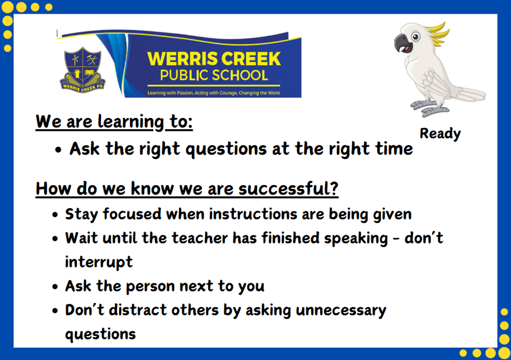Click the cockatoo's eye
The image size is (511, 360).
click(x=416, y=37)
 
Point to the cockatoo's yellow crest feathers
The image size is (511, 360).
click(x=437, y=34)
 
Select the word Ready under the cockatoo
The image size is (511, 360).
click(x=440, y=134)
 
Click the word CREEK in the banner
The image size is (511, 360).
click(x=251, y=59)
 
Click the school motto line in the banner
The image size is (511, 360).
click(x=213, y=93)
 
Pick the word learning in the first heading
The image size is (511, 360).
click(x=131, y=122)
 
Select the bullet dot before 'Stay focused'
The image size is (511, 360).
click(x=55, y=214)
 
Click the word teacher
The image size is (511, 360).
click(x=200, y=238)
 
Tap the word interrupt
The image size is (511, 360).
click(x=99, y=262)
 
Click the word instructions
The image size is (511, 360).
click(x=253, y=214)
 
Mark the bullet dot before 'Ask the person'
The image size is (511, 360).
click(x=55, y=286)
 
